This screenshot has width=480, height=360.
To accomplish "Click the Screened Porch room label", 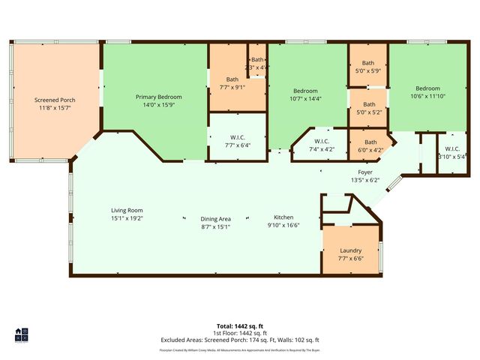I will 55,100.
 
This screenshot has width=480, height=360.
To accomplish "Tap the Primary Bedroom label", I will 158,97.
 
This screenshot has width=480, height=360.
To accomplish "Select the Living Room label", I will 127,210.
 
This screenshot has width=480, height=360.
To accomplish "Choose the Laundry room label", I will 350,250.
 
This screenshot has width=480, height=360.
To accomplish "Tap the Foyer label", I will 365,172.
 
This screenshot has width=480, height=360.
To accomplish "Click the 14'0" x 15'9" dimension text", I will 158,105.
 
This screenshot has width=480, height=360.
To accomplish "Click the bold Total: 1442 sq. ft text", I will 239,325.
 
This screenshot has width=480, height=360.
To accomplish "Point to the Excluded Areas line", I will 239,340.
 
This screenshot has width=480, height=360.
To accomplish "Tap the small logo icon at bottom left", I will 22,334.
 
